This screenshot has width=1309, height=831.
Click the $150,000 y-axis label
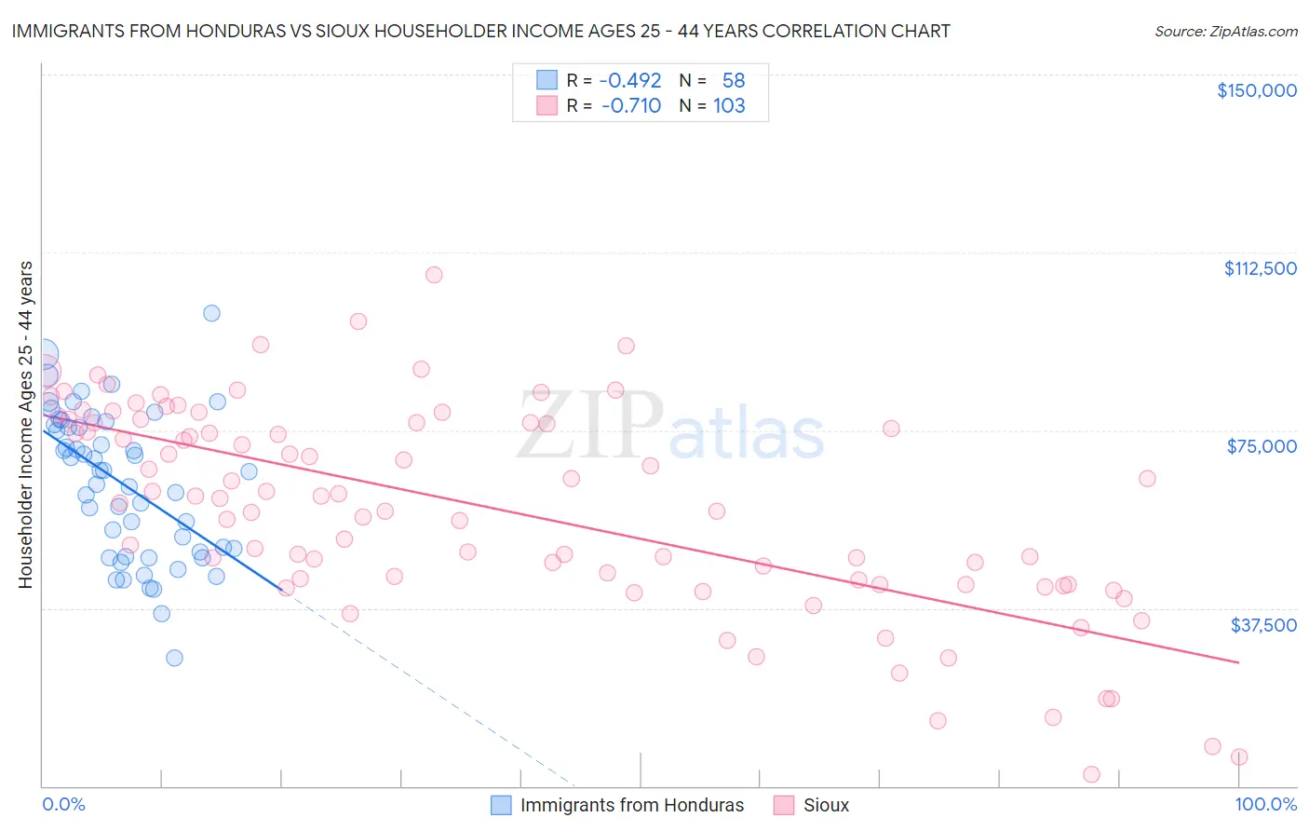click(x=1256, y=90)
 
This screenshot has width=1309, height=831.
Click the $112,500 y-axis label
click(x=1260, y=268)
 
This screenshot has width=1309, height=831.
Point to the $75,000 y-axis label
click(x=1262, y=446)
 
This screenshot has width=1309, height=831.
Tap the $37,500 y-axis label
click(x=1262, y=625)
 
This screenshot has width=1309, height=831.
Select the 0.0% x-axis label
click(x=63, y=804)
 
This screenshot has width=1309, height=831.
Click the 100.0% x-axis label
click(x=1265, y=804)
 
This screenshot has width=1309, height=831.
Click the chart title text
click(x=480, y=31)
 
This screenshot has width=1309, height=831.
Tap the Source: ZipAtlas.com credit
click(x=1225, y=32)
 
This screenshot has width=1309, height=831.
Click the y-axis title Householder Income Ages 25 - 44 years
click(x=25, y=425)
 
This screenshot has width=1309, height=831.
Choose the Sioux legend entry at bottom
click(x=812, y=805)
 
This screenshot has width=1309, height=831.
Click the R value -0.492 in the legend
click(x=630, y=80)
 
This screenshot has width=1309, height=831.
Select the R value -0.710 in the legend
click(x=631, y=106)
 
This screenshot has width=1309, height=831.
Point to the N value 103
click(x=729, y=106)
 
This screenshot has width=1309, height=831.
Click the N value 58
click(x=734, y=80)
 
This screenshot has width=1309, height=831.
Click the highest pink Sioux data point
click(x=434, y=275)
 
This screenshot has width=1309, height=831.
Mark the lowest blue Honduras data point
click(x=174, y=658)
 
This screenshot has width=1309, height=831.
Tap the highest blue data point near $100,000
click(x=212, y=313)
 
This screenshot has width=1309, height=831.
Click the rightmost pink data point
click(x=1239, y=757)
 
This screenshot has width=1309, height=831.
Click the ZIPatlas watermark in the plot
click(x=669, y=426)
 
